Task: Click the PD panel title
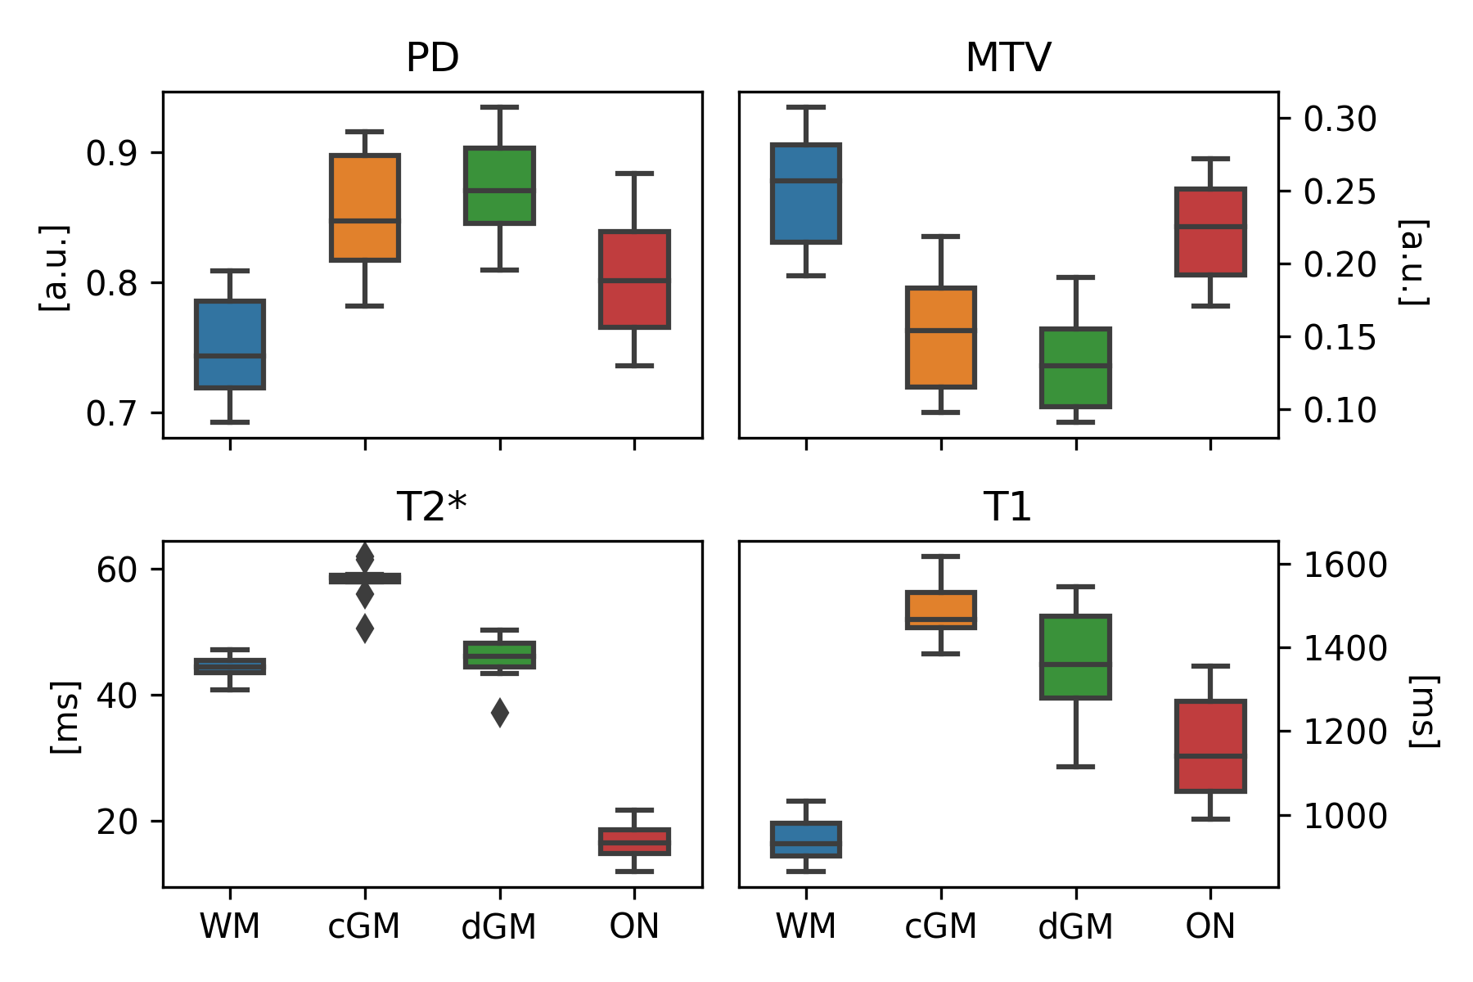pos(432,58)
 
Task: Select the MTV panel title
pos(1007,58)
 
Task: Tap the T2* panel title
pos(432,507)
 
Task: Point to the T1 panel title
pos(1007,507)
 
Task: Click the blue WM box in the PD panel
pos(229,345)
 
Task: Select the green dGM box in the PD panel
pos(499,186)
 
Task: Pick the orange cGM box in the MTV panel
pos(941,337)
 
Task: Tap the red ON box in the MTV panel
pos(1210,232)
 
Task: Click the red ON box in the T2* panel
pos(634,841)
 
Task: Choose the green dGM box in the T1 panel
pos(1075,656)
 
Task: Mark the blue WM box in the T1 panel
pos(806,840)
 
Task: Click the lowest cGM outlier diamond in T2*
pos(365,628)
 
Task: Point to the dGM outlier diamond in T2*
pos(500,713)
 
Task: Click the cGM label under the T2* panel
pos(364,927)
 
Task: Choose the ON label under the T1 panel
pos(1209,927)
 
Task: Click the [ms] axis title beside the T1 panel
pos(1423,712)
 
